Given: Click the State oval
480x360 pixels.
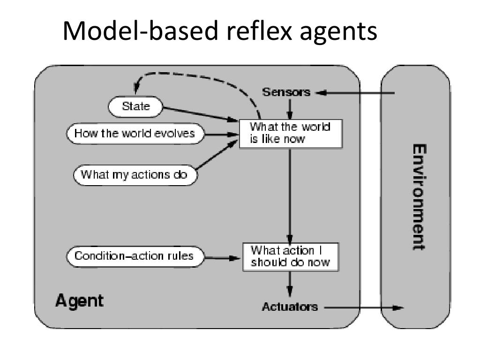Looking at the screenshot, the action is click(x=135, y=107).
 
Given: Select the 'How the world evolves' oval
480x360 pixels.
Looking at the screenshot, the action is click(x=135, y=134).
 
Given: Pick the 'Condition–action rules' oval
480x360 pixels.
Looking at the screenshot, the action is click(x=135, y=256).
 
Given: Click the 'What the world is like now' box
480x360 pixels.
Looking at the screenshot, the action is click(x=291, y=134).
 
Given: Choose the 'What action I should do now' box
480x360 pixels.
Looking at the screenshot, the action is click(x=291, y=257).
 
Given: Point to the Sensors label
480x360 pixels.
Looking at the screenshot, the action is click(x=286, y=92).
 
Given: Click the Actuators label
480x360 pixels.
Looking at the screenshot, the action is click(x=290, y=307).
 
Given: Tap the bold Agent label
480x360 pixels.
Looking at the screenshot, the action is click(x=79, y=301).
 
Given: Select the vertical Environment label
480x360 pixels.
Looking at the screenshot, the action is click(x=419, y=197).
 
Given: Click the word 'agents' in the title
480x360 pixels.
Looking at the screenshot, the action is click(x=338, y=33).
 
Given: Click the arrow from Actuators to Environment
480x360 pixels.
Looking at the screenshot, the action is click(x=364, y=307).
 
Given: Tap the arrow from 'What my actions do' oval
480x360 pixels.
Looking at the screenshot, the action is click(x=217, y=155).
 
